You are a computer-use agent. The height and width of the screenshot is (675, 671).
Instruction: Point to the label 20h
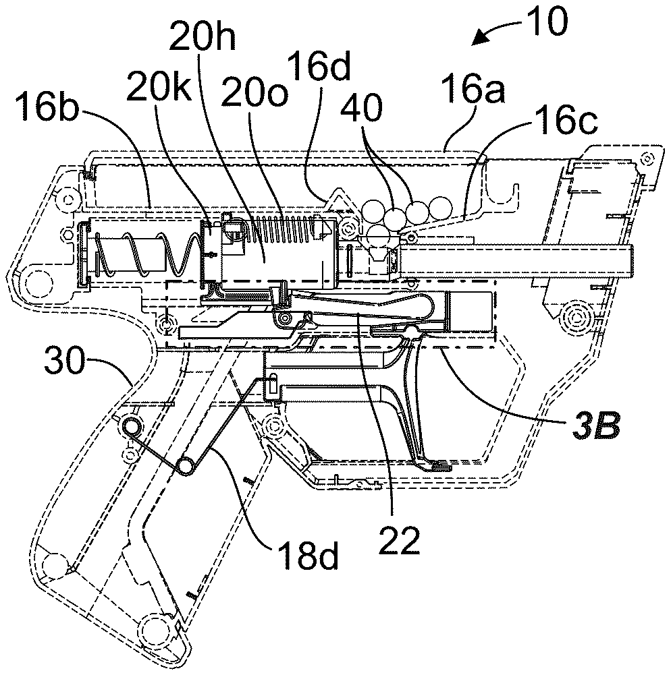202,36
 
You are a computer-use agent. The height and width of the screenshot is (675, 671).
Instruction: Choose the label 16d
318,66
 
